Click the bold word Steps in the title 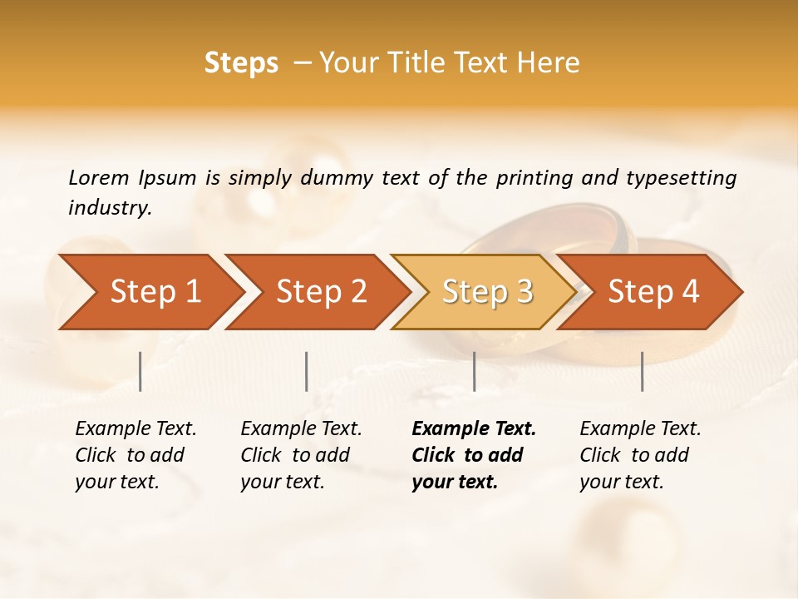(x=241, y=63)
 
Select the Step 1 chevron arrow (x=150, y=292)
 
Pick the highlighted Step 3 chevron (x=484, y=292)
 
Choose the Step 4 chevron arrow (x=650, y=292)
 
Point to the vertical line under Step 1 (x=140, y=371)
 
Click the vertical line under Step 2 (x=307, y=371)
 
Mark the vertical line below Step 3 (x=474, y=371)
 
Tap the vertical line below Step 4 (x=642, y=371)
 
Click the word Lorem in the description (x=99, y=177)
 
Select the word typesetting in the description (x=681, y=177)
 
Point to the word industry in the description (x=109, y=207)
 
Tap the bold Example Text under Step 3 (x=474, y=429)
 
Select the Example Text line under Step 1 (x=135, y=429)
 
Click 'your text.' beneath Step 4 (x=621, y=482)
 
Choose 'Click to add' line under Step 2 (x=295, y=455)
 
